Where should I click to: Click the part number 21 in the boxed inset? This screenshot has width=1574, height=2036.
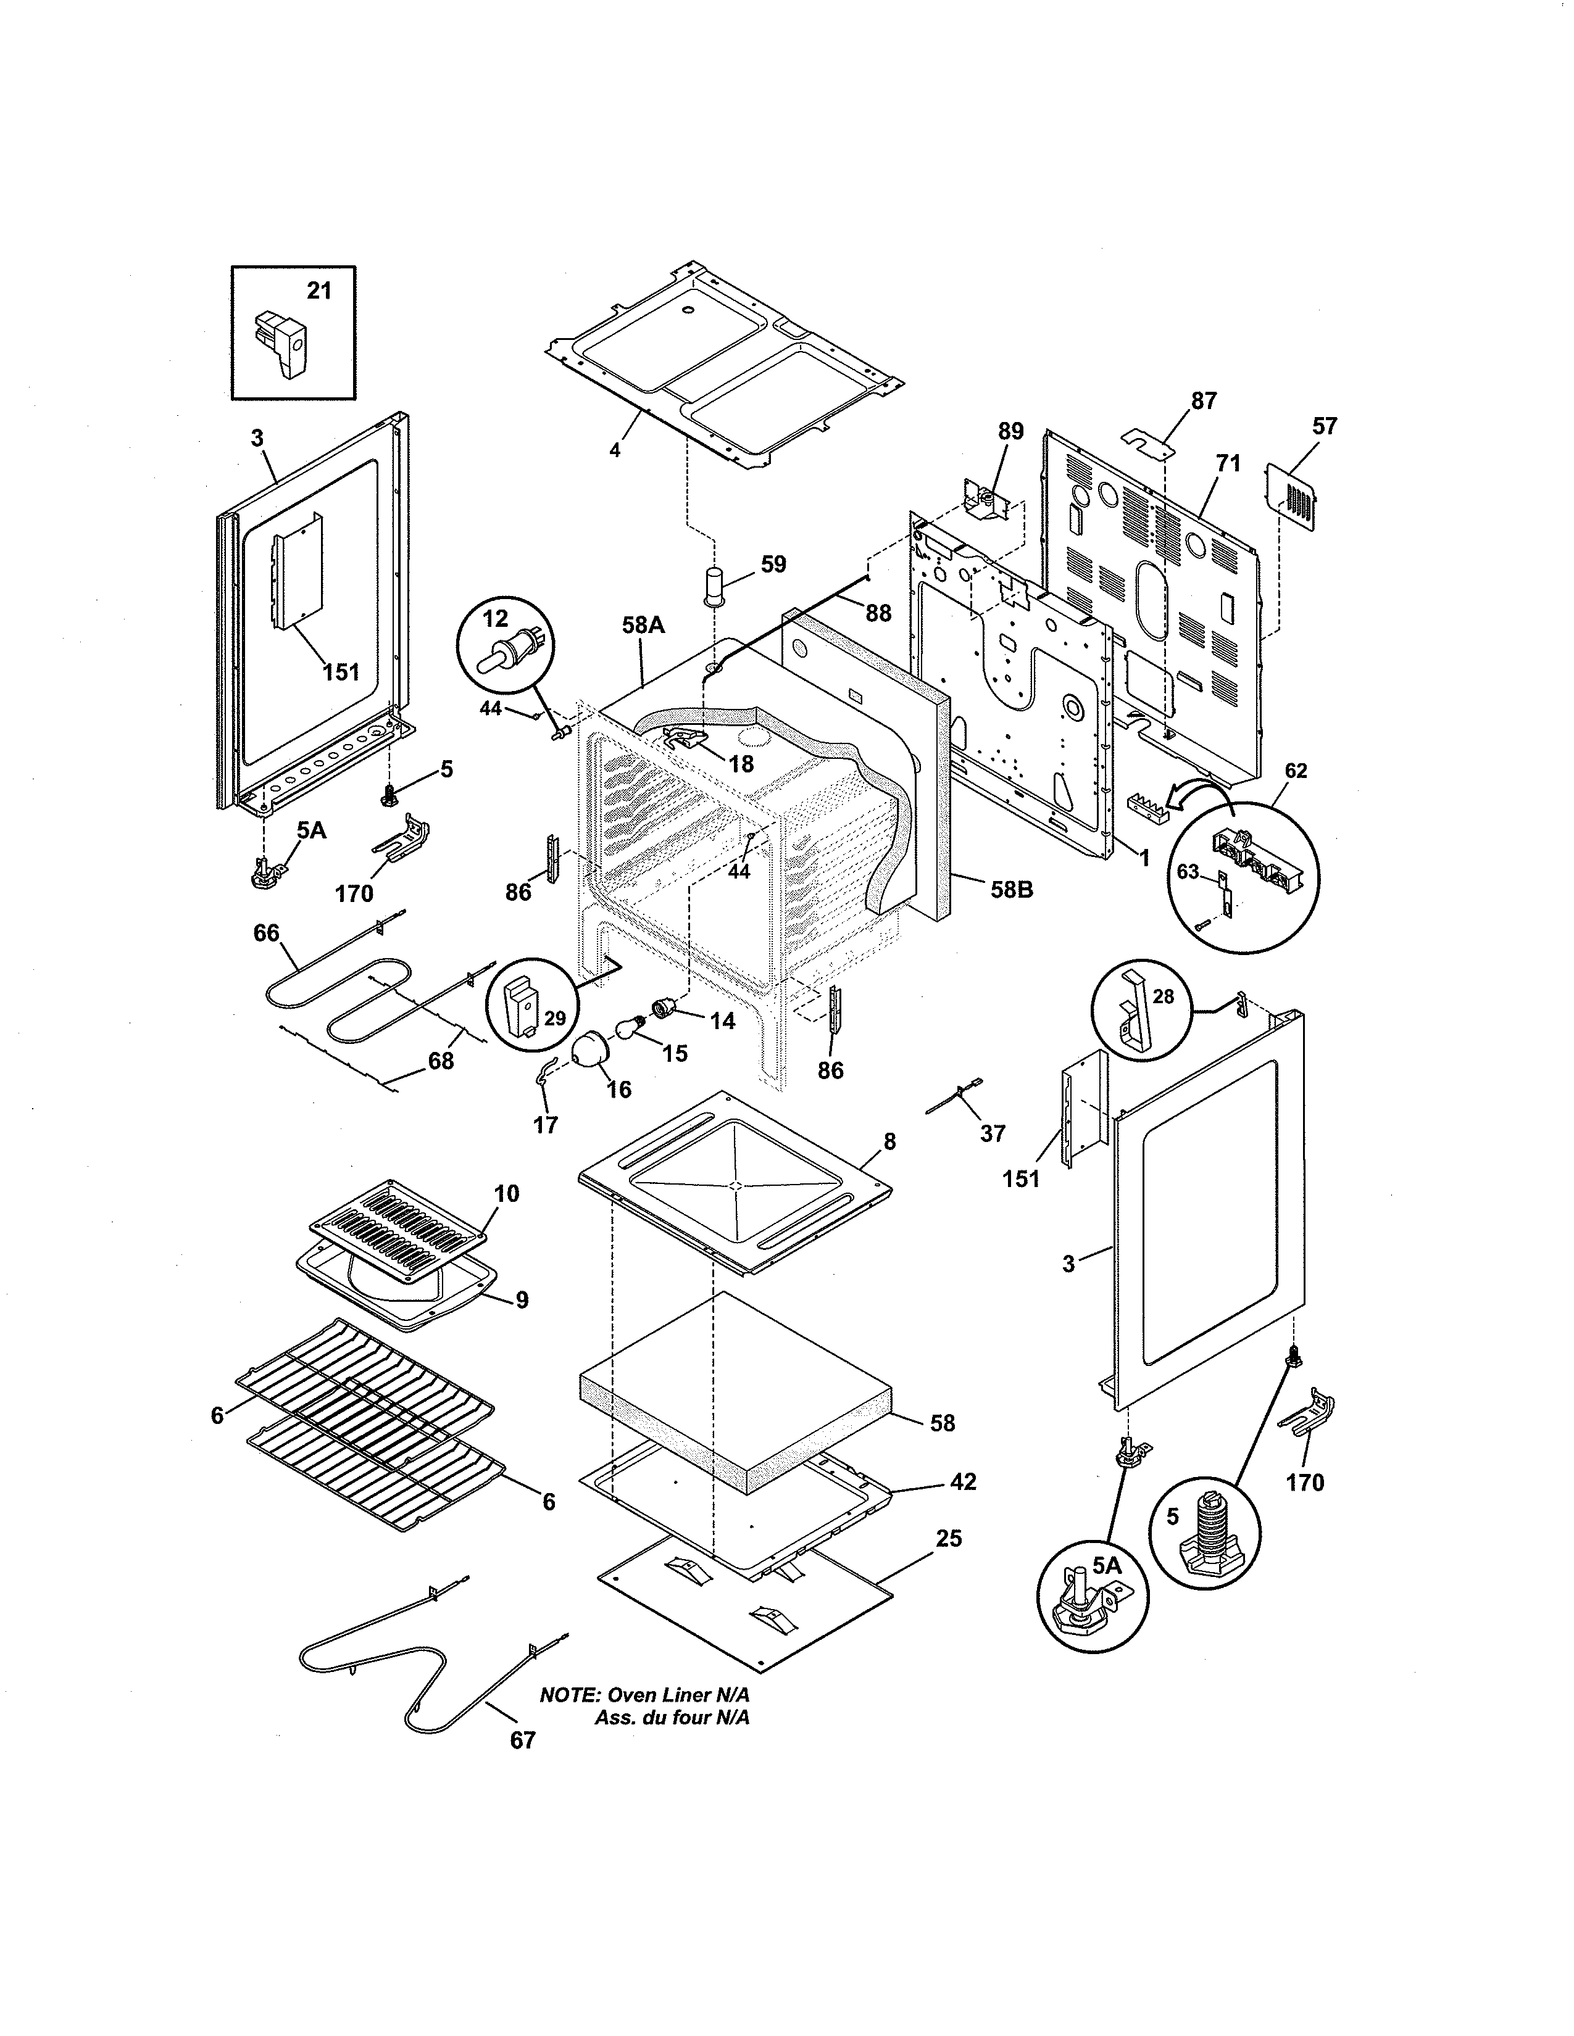[319, 291]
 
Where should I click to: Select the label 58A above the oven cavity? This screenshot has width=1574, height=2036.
[643, 624]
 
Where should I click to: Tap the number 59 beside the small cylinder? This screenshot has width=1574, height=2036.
[773, 564]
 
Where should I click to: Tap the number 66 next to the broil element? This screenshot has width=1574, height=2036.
[267, 933]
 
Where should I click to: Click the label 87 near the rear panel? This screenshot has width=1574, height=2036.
[1204, 401]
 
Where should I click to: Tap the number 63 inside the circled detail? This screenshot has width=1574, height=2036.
[1187, 872]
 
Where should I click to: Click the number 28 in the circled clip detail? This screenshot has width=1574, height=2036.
[1164, 996]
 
